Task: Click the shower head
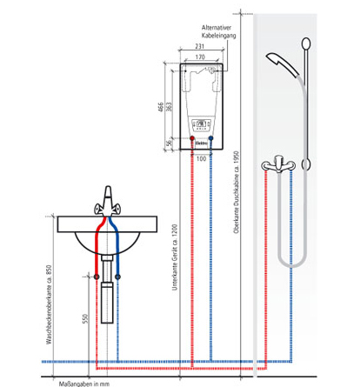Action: coord(281,62)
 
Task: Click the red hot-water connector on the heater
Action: coord(190,139)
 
